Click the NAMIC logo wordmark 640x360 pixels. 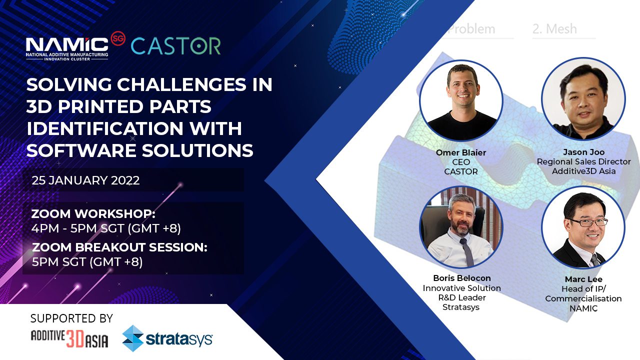click(67, 48)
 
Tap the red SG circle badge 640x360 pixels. click(118, 38)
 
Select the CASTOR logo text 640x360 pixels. click(175, 46)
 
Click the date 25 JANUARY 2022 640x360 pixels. click(85, 180)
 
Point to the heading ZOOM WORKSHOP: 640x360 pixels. click(93, 213)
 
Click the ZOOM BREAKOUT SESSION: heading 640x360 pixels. click(119, 247)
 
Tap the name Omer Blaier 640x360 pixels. click(461, 152)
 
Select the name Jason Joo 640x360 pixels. click(583, 152)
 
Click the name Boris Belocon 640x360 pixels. click(462, 278)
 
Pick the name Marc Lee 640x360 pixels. click(583, 279)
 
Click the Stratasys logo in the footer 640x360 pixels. click(167, 338)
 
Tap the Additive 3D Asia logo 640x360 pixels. click(69, 339)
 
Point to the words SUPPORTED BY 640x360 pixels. click(71, 318)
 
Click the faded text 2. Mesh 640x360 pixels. click(554, 29)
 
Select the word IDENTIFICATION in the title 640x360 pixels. click(105, 128)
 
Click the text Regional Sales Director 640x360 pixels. click(583, 161)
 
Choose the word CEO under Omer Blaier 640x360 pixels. click(461, 162)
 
